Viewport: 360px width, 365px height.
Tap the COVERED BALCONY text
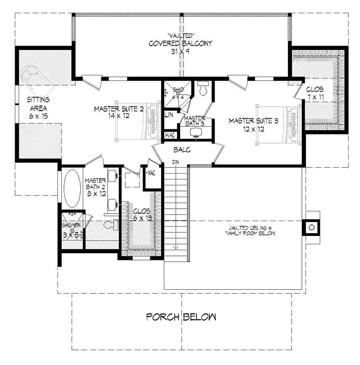click(181, 43)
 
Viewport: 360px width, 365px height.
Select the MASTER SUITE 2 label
click(114, 112)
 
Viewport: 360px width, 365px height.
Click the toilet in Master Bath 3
click(203, 89)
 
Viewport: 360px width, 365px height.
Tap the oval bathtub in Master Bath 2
click(72, 187)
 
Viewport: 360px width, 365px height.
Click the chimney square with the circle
click(311, 227)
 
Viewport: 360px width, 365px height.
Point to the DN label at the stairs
click(176, 162)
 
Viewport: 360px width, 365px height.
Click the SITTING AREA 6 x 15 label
click(38, 107)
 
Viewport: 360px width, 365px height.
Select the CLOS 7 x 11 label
click(315, 93)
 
